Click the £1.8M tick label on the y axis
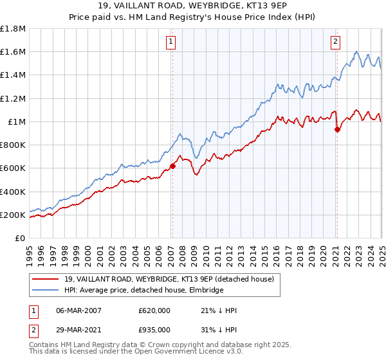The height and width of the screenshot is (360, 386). click(13, 29)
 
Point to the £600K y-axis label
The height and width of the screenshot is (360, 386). click(13, 168)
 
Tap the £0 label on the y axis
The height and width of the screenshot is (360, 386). click(20, 238)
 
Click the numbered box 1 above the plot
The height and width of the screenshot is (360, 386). click(172, 42)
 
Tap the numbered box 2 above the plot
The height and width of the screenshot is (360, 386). click(336, 42)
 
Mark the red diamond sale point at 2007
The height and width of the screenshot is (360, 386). click(172, 166)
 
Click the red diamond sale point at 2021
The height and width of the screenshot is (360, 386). click(337, 129)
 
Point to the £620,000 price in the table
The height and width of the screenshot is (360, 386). click(154, 310)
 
